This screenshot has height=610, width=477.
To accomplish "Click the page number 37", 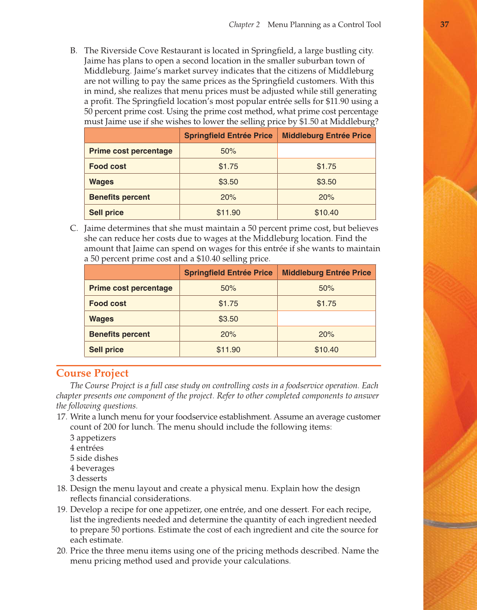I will click(x=444, y=24).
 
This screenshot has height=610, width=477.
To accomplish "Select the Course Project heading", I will click(x=92, y=373).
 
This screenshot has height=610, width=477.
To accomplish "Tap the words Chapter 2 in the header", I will click(x=244, y=25).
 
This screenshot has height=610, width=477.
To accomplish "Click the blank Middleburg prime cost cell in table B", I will click(x=326, y=151).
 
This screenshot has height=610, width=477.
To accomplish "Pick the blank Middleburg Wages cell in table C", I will click(x=326, y=319).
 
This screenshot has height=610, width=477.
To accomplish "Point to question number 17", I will click(x=61, y=417).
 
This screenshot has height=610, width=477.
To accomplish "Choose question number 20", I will click(x=61, y=551).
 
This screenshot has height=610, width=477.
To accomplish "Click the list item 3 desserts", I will click(x=88, y=478).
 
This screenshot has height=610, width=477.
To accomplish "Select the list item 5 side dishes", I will click(x=94, y=458).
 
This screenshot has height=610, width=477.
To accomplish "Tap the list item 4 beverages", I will click(x=92, y=469).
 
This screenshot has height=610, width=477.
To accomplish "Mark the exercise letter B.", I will click(x=73, y=51).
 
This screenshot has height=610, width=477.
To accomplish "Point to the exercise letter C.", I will click(x=73, y=228).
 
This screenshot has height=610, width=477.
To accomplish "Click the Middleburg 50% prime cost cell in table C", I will click(x=326, y=288).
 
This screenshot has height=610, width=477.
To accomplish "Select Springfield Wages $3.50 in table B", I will click(x=228, y=182).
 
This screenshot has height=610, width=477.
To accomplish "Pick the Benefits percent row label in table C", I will click(x=119, y=334).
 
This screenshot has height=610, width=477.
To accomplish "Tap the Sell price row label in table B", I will click(x=106, y=213).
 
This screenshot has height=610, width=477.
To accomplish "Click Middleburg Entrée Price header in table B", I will click(x=326, y=136).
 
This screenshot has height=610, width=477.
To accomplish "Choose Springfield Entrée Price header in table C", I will click(x=228, y=273).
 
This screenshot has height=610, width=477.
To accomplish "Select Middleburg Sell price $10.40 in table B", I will click(x=326, y=213).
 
